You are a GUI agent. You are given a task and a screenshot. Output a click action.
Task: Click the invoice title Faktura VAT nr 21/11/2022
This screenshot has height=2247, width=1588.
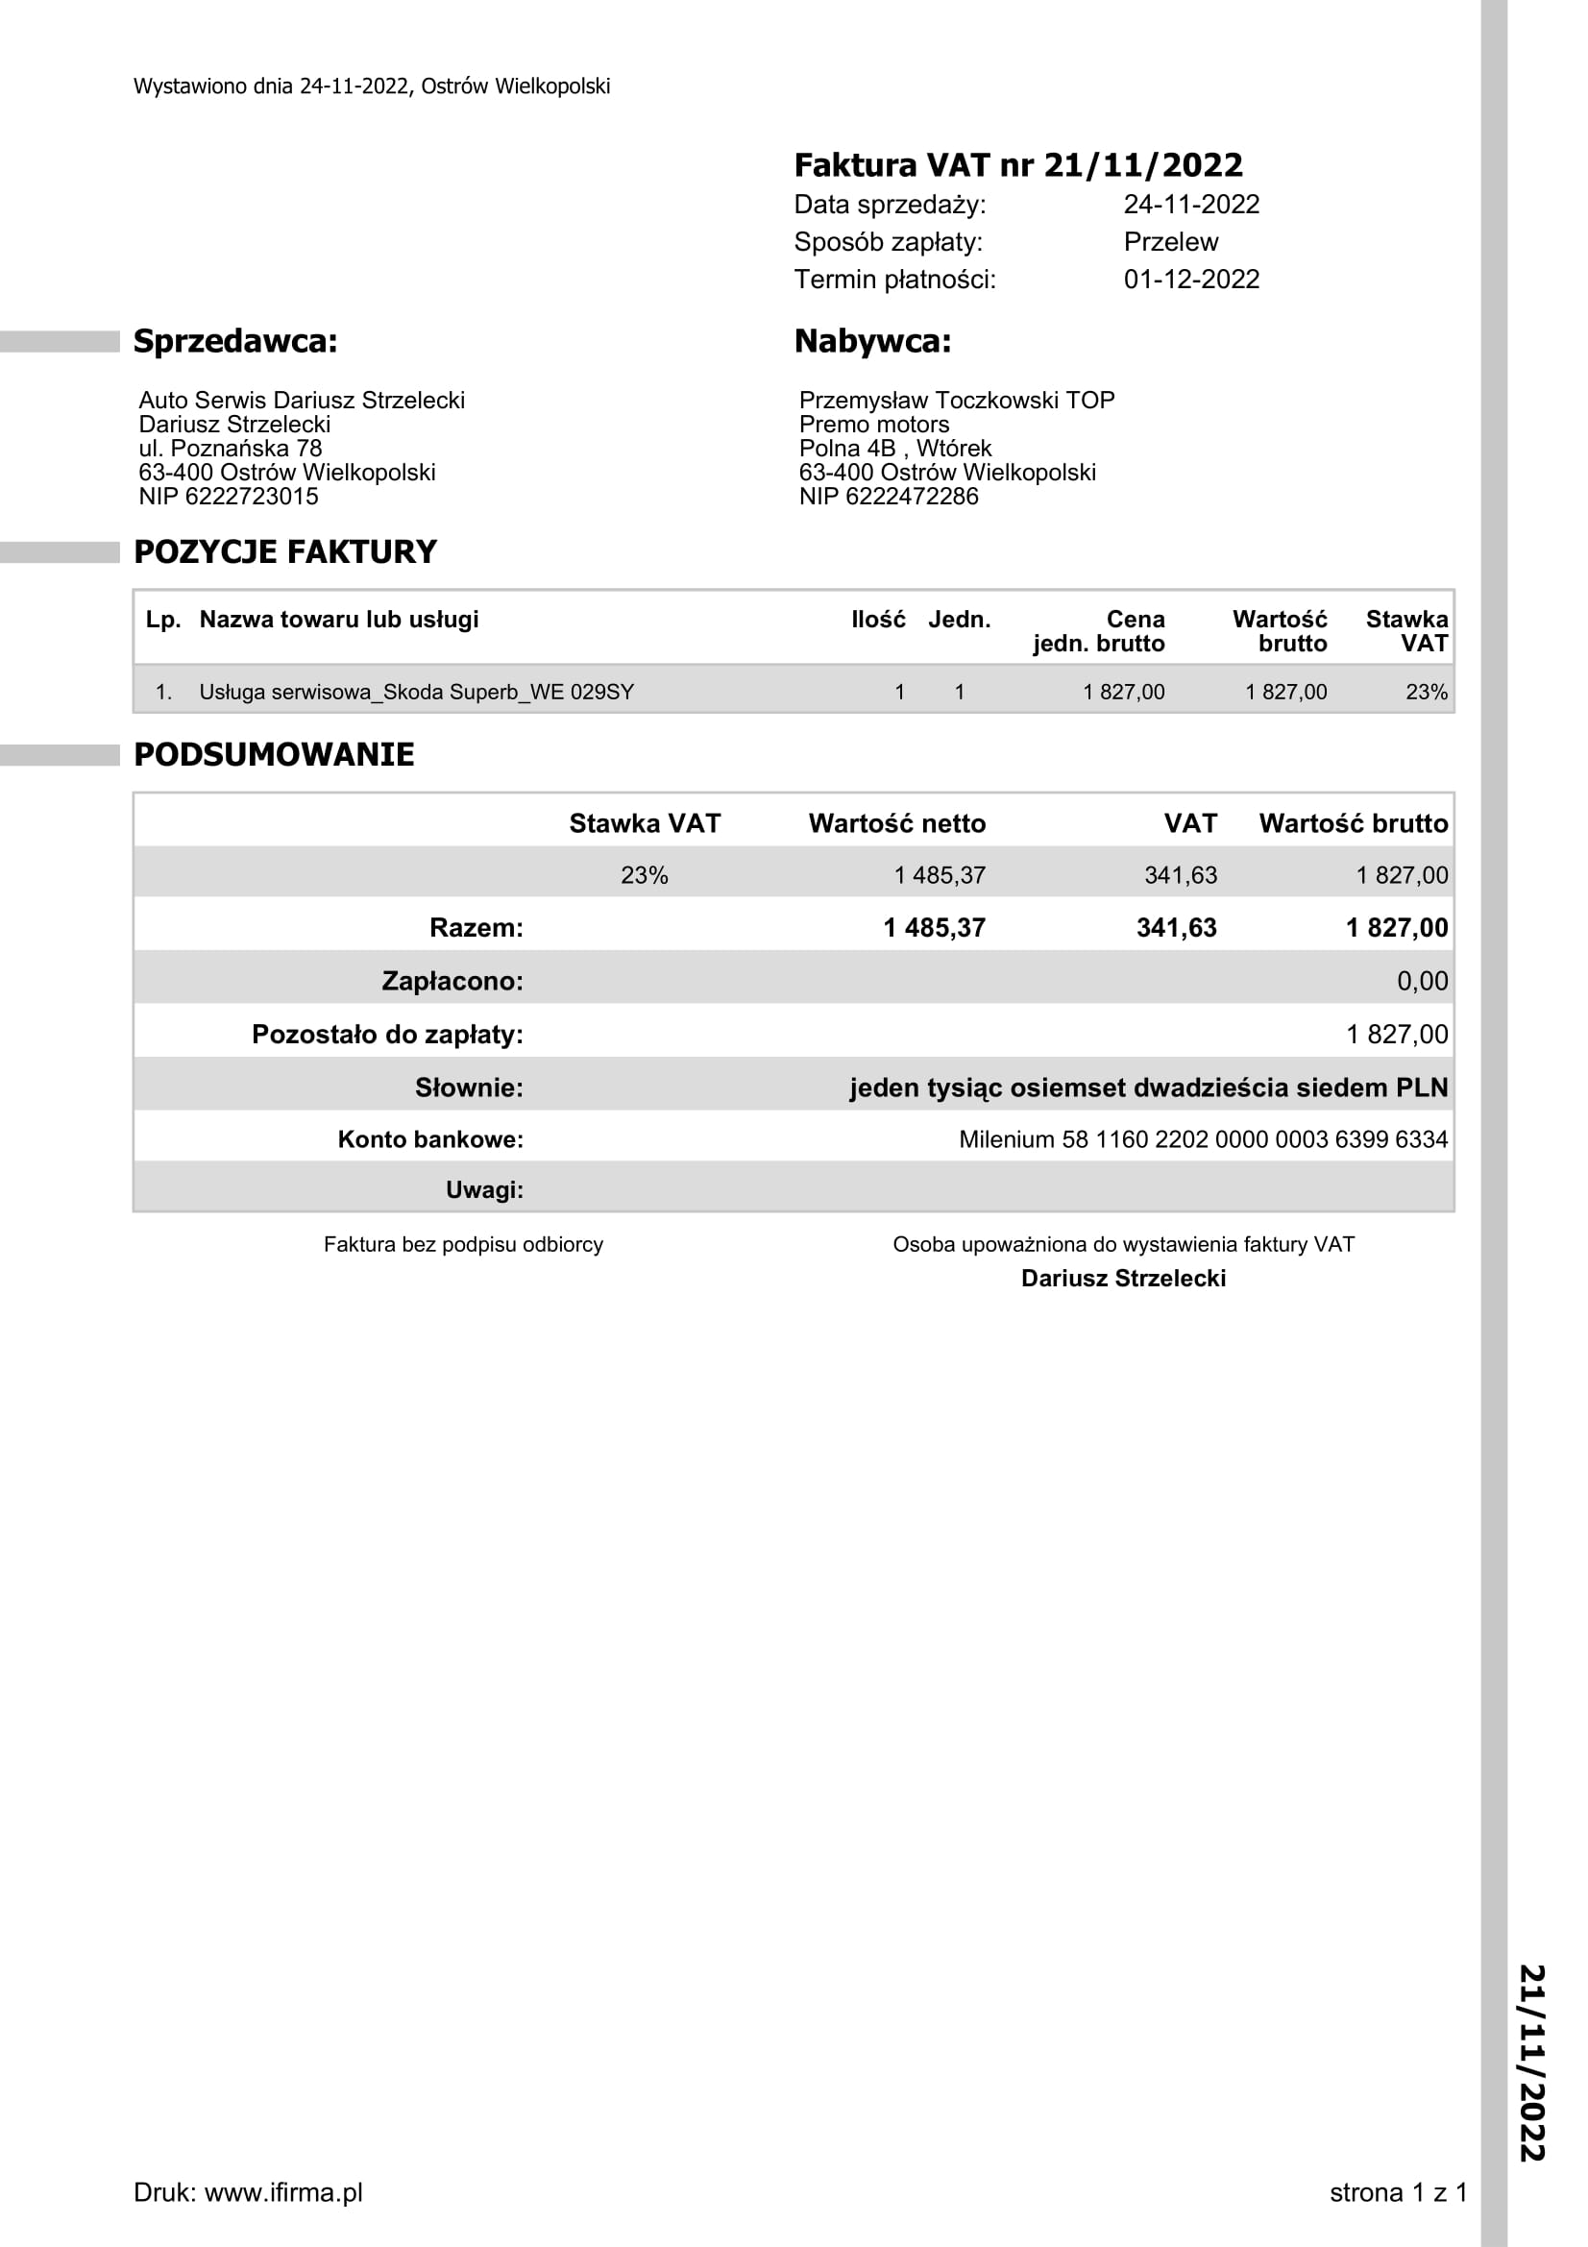click(x=1017, y=165)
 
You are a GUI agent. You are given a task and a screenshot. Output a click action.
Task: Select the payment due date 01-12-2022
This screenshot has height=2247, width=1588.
click(x=1190, y=280)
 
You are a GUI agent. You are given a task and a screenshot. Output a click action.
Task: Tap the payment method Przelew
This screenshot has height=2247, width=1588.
click(x=1170, y=242)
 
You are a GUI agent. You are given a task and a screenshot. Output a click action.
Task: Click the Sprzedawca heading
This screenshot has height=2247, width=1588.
click(x=234, y=342)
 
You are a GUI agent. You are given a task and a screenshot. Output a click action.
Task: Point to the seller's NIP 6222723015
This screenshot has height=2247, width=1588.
click(x=228, y=498)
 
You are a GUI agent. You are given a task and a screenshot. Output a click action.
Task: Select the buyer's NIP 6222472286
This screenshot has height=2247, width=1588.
click(x=889, y=498)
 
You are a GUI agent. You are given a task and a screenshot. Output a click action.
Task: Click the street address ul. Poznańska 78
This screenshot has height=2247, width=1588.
click(x=230, y=450)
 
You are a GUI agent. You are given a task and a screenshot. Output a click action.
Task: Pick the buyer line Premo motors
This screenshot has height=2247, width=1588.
click(x=874, y=425)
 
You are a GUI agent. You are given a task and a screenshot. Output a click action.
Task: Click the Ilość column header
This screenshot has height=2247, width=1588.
click(x=878, y=620)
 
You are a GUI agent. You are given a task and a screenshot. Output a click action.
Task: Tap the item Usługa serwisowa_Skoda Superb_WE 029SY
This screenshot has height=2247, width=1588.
click(x=416, y=693)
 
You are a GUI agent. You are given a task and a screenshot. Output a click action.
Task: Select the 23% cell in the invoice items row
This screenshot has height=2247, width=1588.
click(x=1426, y=693)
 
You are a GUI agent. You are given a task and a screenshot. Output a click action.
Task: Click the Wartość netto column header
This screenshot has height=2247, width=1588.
click(x=896, y=824)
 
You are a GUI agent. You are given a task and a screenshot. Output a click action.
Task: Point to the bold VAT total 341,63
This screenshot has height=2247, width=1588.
click(x=1176, y=928)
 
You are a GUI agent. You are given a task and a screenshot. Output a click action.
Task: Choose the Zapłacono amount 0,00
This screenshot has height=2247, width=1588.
click(x=1422, y=982)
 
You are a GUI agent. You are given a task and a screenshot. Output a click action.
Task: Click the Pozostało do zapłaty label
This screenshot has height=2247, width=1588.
click(x=386, y=1035)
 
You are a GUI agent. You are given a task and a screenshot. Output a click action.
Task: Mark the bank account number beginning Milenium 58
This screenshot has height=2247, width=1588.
click(x=1203, y=1140)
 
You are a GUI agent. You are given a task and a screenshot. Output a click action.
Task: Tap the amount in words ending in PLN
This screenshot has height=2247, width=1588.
click(x=1148, y=1088)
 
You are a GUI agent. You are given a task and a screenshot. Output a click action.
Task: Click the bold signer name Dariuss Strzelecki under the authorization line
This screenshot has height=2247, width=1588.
click(x=1123, y=1279)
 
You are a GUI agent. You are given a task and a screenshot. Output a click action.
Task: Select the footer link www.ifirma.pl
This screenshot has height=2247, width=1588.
click(x=282, y=2193)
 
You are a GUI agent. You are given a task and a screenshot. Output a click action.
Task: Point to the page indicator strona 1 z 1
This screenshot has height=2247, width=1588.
click(x=1397, y=2193)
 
